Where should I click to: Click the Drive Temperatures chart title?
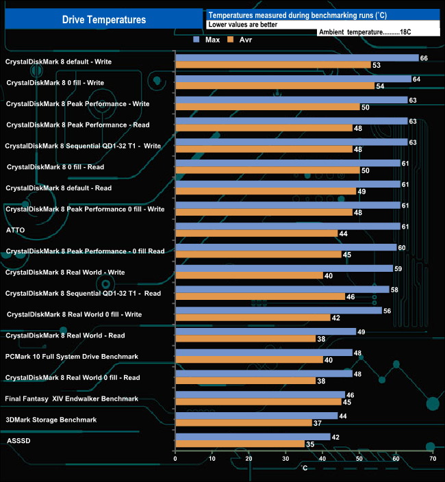point(104,20)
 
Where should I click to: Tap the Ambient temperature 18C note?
point(364,31)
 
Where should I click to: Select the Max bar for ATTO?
point(288,226)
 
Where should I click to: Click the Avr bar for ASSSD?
point(240,444)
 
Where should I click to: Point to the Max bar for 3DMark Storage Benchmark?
point(257,416)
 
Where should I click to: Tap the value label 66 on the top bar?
point(424,58)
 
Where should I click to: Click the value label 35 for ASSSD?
point(309,444)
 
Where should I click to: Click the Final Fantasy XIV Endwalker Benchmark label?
point(72,398)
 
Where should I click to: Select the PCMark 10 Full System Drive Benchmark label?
point(72,356)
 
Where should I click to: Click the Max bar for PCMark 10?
point(264,353)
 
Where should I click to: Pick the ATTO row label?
point(16,230)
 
